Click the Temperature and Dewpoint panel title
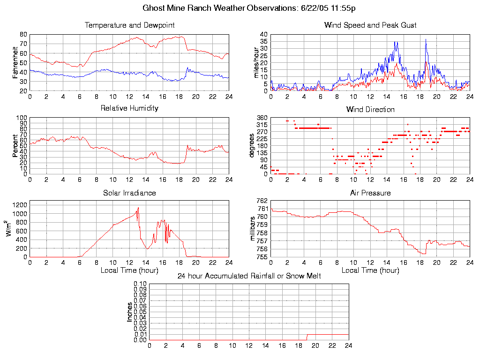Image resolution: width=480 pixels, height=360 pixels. (x=129, y=25)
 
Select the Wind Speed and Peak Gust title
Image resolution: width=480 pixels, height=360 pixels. (x=370, y=25)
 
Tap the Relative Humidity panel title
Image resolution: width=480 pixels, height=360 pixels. (x=129, y=108)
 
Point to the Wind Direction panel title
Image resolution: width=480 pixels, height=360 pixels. (x=370, y=109)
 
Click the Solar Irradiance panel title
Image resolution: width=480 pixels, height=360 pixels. (x=129, y=193)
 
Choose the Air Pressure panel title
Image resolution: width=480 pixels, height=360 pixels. (x=370, y=193)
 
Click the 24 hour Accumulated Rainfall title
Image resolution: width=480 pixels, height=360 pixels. (x=249, y=276)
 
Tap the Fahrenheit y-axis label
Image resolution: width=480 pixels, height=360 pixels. (x=15, y=62)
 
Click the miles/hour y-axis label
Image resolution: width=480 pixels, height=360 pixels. (x=256, y=62)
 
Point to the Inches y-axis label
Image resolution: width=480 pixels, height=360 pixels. (x=130, y=312)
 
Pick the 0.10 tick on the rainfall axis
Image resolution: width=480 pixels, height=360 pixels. (x=140, y=284)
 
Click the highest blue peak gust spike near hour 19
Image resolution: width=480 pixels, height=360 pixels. (x=426, y=39)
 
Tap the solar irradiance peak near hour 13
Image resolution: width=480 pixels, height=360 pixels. (x=138, y=208)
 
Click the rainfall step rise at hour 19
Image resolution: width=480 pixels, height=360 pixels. (x=307, y=337)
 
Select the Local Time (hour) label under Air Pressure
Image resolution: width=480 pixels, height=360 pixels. (x=370, y=270)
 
